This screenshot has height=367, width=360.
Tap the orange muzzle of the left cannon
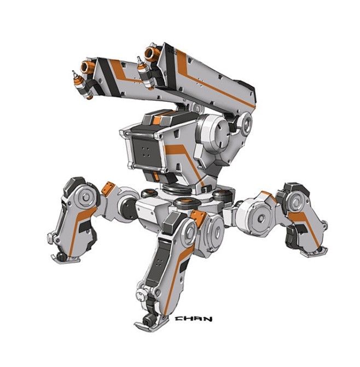click(x=86, y=67)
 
